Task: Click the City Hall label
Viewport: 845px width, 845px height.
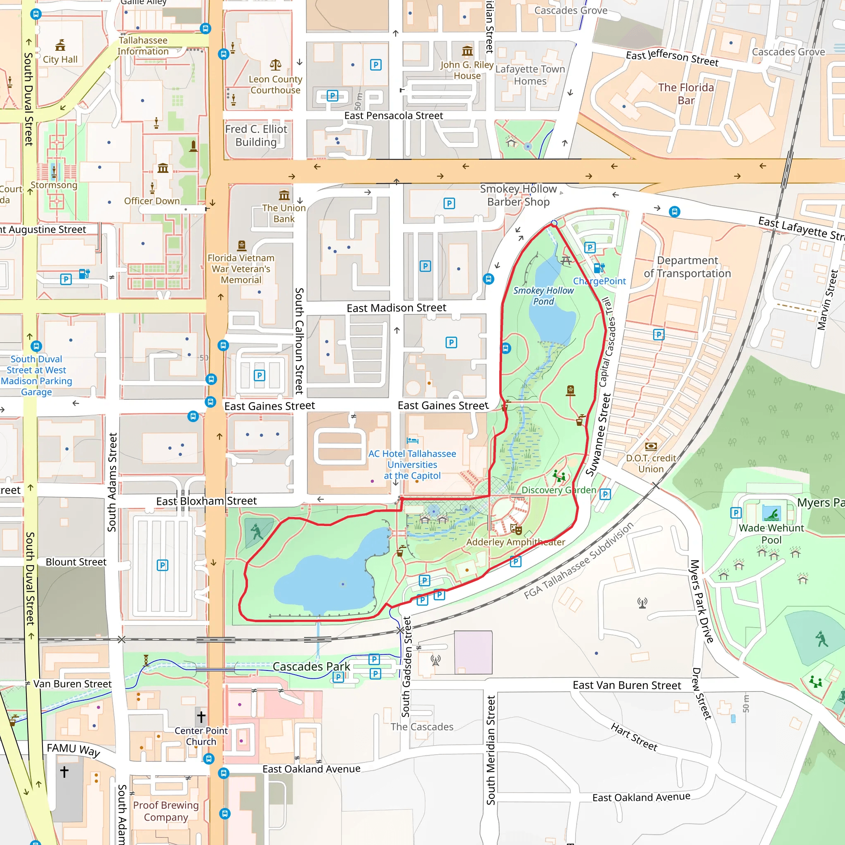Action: [60, 59]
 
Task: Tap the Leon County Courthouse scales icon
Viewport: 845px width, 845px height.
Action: [276, 65]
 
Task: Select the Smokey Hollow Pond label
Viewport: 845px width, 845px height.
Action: [543, 296]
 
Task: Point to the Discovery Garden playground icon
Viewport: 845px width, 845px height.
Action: [559, 476]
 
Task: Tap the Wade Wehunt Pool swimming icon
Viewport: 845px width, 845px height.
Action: [772, 514]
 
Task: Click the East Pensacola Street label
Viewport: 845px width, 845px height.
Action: [394, 116]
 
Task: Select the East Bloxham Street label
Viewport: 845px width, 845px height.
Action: [206, 501]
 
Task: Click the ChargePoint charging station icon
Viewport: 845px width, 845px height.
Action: [599, 268]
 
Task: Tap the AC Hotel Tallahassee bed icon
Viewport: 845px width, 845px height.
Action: [412, 440]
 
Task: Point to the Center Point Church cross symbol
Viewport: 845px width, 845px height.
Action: [201, 717]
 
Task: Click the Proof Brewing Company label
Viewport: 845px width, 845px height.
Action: [166, 811]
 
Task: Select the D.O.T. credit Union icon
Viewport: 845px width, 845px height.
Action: [651, 446]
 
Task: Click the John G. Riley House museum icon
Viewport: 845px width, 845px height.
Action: [467, 51]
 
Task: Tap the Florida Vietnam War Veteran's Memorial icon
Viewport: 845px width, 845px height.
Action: [241, 245]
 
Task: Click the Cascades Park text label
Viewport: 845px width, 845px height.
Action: [312, 667]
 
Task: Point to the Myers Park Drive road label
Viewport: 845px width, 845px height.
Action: [701, 602]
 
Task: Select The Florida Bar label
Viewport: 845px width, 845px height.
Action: [686, 94]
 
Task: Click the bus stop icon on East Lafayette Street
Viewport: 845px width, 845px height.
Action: [675, 212]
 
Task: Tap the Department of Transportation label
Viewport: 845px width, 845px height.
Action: [687, 267]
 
